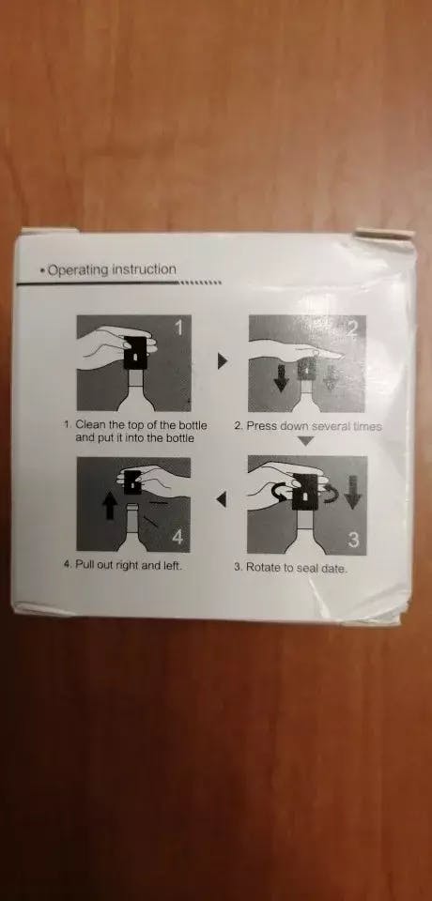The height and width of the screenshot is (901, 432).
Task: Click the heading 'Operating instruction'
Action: coord(112,269)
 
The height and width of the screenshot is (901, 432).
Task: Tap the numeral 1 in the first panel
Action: coord(178,328)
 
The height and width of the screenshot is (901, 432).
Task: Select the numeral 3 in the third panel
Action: coord(354,541)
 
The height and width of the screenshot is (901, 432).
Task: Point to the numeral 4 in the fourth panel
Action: coord(177,538)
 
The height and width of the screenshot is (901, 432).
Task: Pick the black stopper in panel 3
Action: coord(305,491)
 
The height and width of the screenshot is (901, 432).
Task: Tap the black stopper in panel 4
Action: coord(131,481)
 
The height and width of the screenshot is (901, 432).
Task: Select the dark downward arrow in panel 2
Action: coord(282,378)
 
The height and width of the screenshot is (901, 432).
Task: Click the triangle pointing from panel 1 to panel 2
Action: coord(223,360)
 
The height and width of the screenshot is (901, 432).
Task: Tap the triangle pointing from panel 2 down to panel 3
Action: coord(306,441)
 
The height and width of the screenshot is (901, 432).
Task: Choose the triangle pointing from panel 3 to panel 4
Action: coord(221,501)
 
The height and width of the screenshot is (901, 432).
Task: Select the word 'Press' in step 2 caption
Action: coord(260,427)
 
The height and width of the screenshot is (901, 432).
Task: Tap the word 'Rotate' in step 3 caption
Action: coord(262,567)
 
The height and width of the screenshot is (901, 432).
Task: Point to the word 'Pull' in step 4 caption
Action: coord(84,565)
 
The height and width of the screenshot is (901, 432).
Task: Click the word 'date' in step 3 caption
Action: coord(334,569)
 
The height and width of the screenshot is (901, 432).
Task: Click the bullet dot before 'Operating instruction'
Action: coord(42,270)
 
